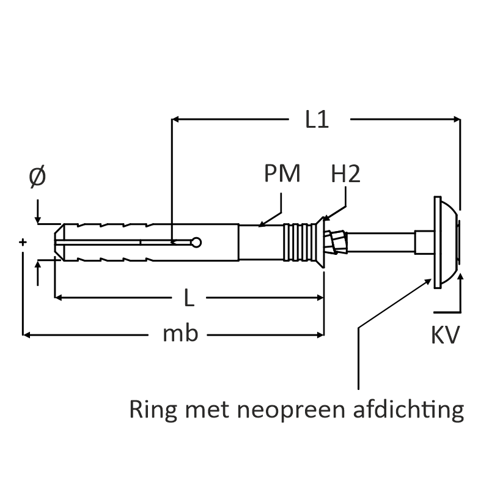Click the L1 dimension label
click(x=317, y=120)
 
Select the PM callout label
click(x=282, y=174)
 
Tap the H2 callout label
click(x=345, y=174)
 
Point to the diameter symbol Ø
click(x=37, y=177)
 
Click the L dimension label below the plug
click(x=189, y=298)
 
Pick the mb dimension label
click(x=180, y=334)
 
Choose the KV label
click(x=444, y=335)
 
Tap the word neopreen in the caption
click(x=295, y=410)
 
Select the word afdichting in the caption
click(x=409, y=410)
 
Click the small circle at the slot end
click(x=196, y=243)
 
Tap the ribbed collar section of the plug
click(x=298, y=243)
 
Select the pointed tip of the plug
click(x=57, y=243)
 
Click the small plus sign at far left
click(x=23, y=243)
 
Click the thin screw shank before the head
click(x=382, y=243)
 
